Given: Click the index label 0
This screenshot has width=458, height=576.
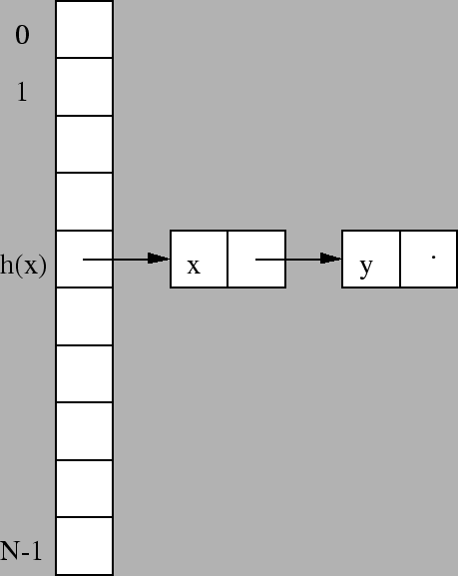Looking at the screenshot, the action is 22,35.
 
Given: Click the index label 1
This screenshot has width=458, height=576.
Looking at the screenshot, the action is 22,92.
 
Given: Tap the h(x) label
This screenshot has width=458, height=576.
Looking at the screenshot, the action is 24,265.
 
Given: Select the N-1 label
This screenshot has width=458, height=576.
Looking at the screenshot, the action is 21,551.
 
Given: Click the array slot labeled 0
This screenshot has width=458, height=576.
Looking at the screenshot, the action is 84,29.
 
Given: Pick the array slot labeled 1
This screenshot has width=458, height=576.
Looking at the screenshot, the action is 84,87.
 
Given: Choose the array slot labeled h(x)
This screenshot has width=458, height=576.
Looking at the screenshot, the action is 84,259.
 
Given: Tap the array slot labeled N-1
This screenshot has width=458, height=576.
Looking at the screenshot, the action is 84,546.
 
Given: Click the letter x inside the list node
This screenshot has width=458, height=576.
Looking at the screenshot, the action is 194,266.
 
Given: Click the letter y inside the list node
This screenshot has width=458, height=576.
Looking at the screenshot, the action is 366,269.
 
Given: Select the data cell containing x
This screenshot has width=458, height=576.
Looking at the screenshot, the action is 199,259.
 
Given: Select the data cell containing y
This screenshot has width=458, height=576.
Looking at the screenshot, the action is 371,259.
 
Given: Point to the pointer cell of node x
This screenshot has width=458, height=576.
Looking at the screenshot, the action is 256,259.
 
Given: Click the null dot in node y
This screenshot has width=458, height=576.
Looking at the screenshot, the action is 434,258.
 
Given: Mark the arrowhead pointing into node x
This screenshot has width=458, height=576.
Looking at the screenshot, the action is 159,259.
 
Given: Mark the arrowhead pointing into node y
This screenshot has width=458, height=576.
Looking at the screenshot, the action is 331,259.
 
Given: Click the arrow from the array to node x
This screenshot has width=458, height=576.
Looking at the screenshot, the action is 127,259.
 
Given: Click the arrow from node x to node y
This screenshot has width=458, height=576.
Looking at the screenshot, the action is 298,259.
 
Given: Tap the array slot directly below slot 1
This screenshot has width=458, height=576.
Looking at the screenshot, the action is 84,144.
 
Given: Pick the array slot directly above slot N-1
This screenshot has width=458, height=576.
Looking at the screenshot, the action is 84,488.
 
